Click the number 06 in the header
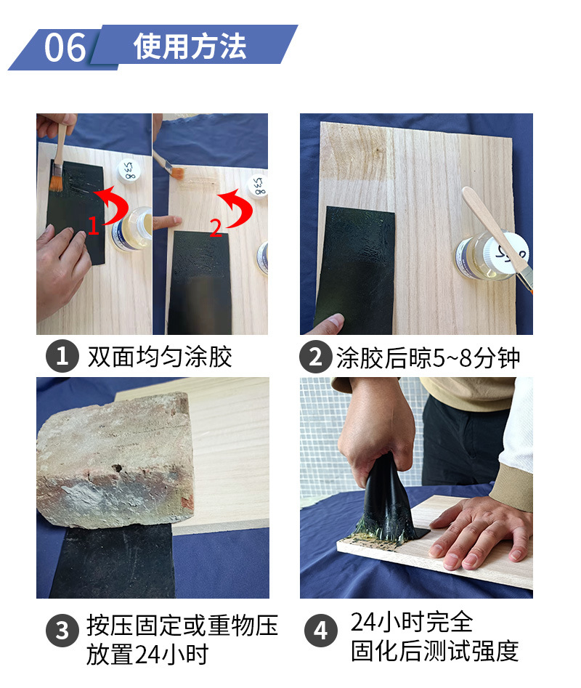pos(65,47)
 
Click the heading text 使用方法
pos(190,46)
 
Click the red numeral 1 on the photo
pos(93,225)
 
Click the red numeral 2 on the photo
pos(216,228)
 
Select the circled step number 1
pos(62,356)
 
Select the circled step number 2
pos(316,357)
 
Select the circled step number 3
pos(62,630)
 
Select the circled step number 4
pos(320,631)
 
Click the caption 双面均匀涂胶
pos(160,356)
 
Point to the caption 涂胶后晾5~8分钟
pos(428,357)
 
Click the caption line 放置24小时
pos(147,654)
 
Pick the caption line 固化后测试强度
pos(434,650)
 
